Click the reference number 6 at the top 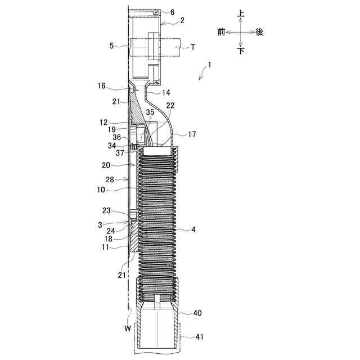(172, 12)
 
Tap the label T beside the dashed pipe (193, 47)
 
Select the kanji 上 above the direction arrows (240, 12)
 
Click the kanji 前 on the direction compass (222, 32)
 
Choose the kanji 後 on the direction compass (259, 32)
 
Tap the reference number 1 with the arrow (209, 65)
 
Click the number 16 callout (101, 86)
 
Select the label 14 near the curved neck (166, 92)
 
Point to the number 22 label (170, 105)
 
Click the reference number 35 (150, 112)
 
